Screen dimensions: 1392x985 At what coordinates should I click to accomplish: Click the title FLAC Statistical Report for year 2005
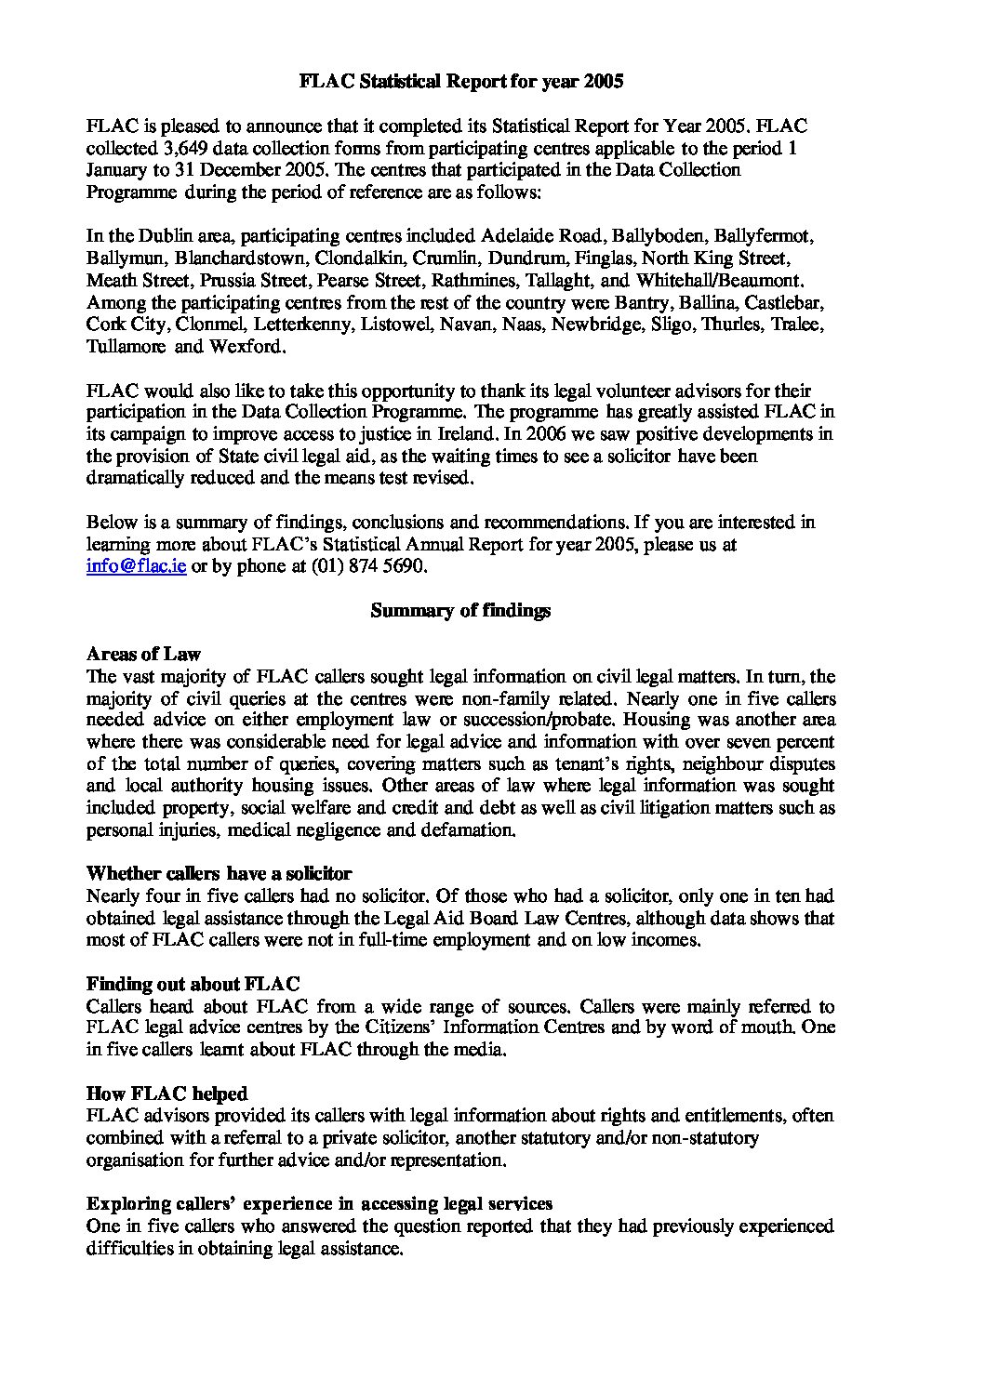460,82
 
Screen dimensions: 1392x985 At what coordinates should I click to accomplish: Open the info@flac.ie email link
136,566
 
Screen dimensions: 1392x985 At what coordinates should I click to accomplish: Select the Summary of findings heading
460,611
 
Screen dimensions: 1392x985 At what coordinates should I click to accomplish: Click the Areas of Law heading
143,655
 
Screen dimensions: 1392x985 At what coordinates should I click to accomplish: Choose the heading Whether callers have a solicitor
219,874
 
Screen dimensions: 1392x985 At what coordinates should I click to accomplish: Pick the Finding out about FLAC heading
193,984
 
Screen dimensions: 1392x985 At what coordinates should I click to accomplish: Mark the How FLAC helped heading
166,1094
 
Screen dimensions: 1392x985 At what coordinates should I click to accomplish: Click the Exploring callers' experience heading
319,1204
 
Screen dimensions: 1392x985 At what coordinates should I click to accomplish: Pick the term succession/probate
535,721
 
